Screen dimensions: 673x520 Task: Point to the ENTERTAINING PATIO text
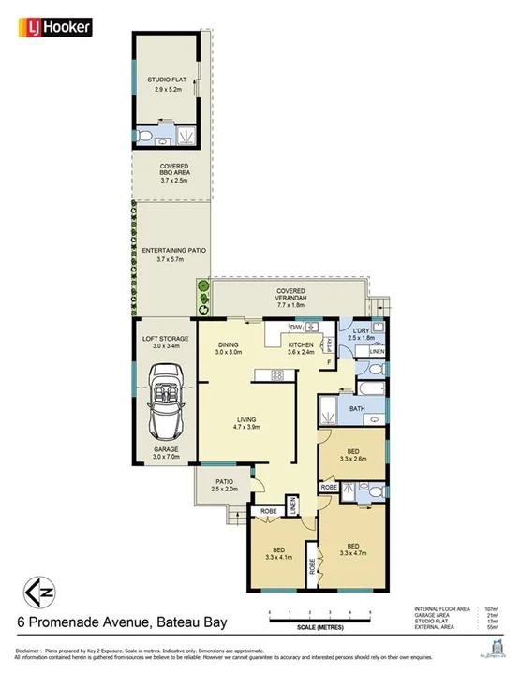pos(167,250)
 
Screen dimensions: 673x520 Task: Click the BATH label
pos(356,408)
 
